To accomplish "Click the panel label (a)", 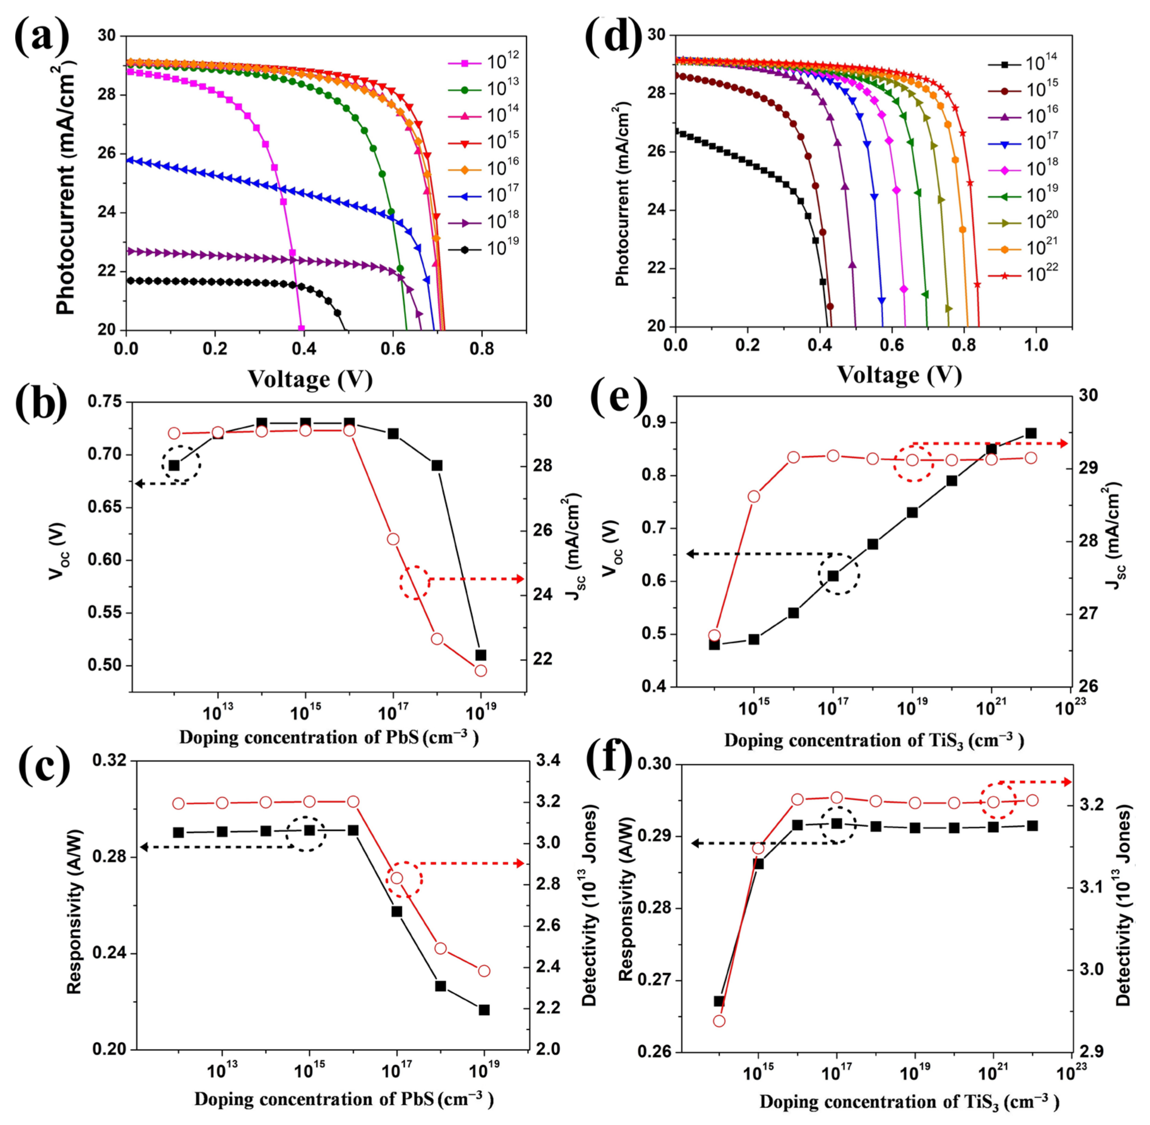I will coord(41,37).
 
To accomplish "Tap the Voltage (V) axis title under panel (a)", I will coord(310,379).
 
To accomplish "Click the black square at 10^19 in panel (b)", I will coord(480,655).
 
